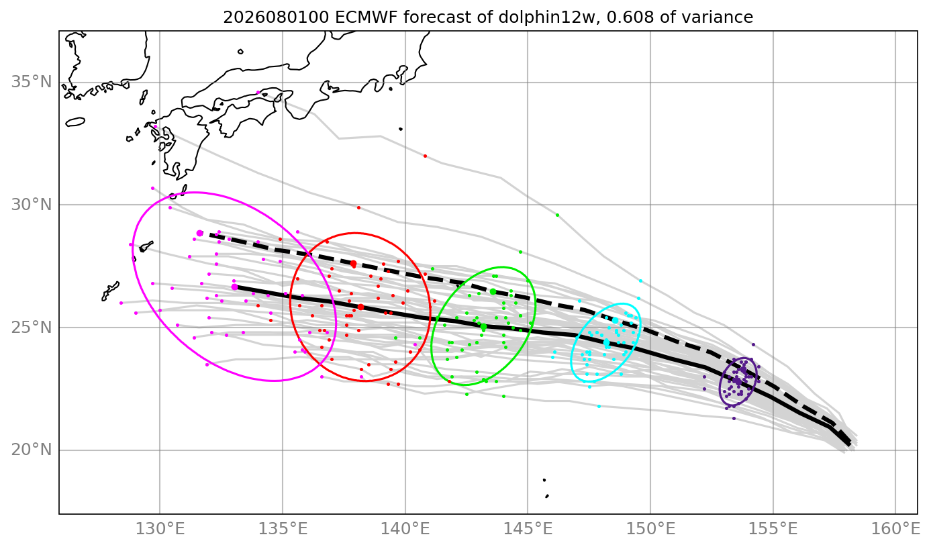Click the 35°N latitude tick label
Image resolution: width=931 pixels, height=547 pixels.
pyautogui.click(x=32, y=82)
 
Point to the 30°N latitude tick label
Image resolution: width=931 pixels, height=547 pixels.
pyautogui.click(x=32, y=205)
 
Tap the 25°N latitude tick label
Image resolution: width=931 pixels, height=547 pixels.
pyautogui.click(x=32, y=328)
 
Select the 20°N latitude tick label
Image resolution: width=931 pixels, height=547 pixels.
pyautogui.click(x=32, y=450)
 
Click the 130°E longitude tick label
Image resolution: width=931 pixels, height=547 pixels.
pyautogui.click(x=160, y=529)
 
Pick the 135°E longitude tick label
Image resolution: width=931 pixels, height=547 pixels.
pyautogui.click(x=283, y=529)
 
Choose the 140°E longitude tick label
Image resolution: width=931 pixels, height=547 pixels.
pyautogui.click(x=405, y=529)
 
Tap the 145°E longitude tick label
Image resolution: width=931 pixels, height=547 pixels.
pyautogui.click(x=528, y=529)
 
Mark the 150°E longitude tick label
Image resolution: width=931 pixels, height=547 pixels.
pyautogui.click(x=650, y=529)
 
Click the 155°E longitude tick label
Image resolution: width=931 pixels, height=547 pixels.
pyautogui.click(x=773, y=529)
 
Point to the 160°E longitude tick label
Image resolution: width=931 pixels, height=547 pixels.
pyautogui.click(x=895, y=529)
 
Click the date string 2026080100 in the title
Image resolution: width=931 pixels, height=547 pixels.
pyautogui.click(x=277, y=17)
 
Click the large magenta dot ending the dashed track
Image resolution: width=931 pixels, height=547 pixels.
pyautogui.click(x=200, y=233)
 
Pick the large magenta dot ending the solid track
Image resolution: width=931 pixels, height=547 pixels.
pyautogui.click(x=235, y=287)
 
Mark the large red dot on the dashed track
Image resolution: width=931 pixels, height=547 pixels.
pyautogui.click(x=354, y=264)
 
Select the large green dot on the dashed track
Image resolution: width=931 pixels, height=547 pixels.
pyautogui.click(x=493, y=292)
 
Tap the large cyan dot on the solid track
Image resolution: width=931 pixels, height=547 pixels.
pyautogui.click(x=606, y=342)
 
